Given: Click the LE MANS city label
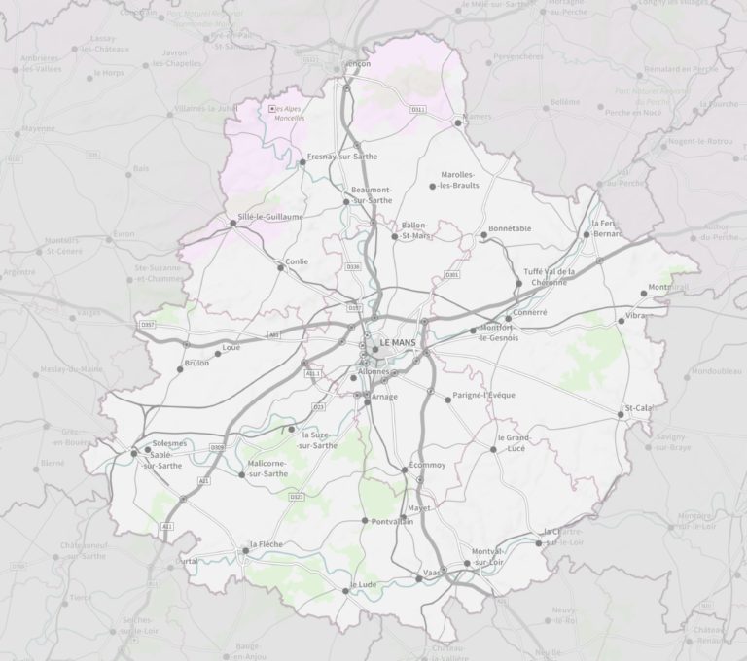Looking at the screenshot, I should [400, 343].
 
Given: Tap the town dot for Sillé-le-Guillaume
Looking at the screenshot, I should [232, 224].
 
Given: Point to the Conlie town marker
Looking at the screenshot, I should [281, 267].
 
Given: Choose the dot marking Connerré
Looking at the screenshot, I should [508, 319].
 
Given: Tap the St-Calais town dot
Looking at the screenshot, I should [621, 415].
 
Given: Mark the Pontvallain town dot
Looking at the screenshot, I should [364, 521].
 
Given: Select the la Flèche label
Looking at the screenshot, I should [266, 544].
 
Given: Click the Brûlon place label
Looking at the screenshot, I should [196, 364].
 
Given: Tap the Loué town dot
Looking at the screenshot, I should [217, 354].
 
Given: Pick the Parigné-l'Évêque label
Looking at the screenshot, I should [484, 396].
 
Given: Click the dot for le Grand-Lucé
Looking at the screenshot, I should [494, 449].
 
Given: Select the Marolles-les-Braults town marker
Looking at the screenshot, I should [433, 186].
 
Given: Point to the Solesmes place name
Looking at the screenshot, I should [169, 443].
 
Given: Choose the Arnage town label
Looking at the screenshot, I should [384, 397].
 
